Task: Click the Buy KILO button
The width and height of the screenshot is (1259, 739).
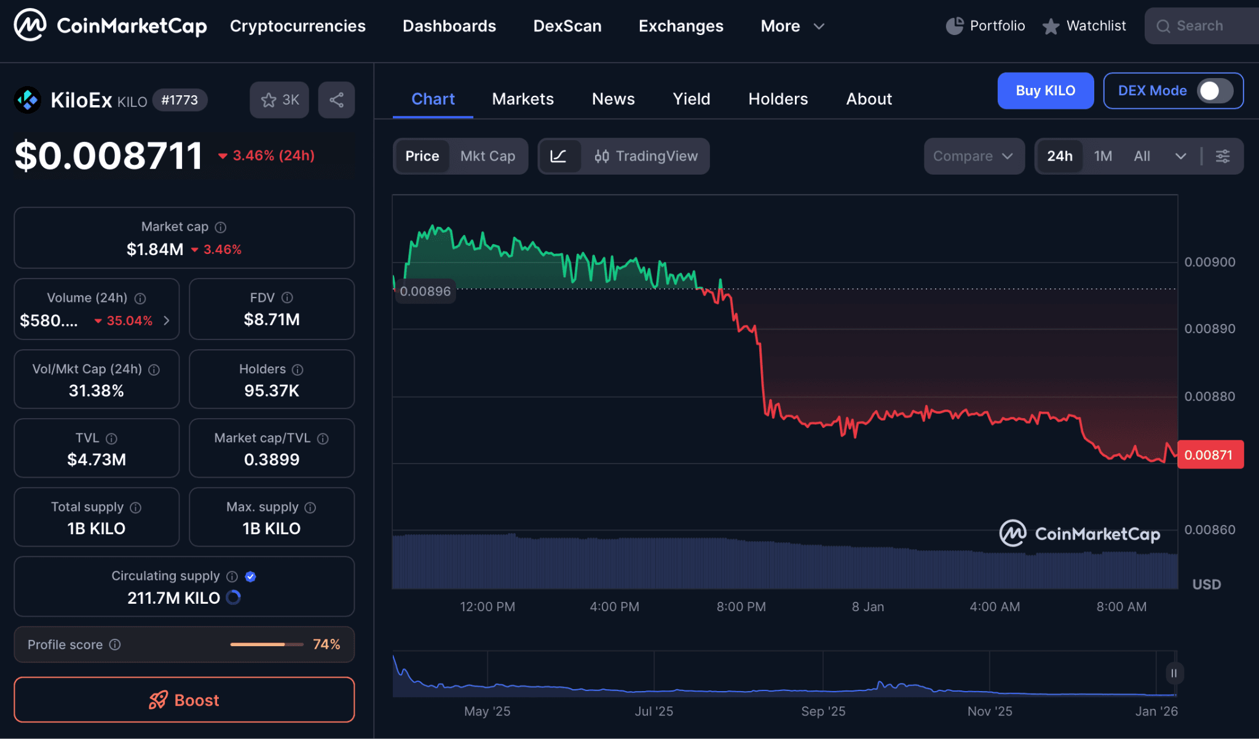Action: (1045, 91)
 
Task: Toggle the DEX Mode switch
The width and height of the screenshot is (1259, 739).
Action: (1214, 91)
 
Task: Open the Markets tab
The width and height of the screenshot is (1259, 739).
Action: (523, 99)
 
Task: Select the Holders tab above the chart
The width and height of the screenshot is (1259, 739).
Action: (778, 99)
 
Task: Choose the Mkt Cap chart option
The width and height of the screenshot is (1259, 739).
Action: (487, 156)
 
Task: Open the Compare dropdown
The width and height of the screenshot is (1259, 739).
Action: (973, 156)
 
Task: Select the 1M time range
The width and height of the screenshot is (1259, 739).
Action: (1103, 156)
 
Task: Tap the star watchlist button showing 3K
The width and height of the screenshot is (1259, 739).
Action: (279, 100)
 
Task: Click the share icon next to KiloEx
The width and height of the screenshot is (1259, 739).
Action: (336, 100)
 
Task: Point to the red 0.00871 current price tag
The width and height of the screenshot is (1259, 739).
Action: (1209, 455)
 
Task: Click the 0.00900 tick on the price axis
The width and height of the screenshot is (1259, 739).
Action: (1209, 262)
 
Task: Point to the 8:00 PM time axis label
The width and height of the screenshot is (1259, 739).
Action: (741, 607)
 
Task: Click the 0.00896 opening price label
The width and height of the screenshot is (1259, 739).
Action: (425, 291)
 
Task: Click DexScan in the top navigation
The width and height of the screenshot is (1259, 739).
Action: (567, 26)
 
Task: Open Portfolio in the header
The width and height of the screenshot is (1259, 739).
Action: (985, 26)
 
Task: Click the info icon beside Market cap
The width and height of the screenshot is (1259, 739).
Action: (221, 227)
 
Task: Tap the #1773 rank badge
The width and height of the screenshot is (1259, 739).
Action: (180, 100)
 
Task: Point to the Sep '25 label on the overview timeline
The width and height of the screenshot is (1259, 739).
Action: (823, 711)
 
